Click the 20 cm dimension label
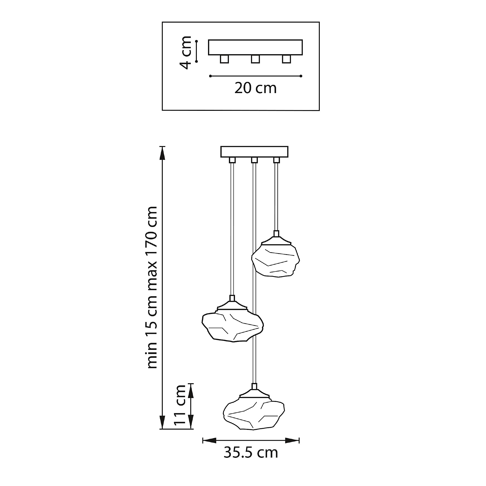pos(255,88)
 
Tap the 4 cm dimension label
pos(186,52)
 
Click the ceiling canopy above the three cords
pos(254,152)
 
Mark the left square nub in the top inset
pos(224,59)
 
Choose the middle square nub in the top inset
pos(255,59)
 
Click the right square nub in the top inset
pos(286,59)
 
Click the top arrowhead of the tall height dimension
pos(163,153)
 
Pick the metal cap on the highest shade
pos(276,240)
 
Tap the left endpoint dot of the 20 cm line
pos(210,76)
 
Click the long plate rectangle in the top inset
pos(255,47)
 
